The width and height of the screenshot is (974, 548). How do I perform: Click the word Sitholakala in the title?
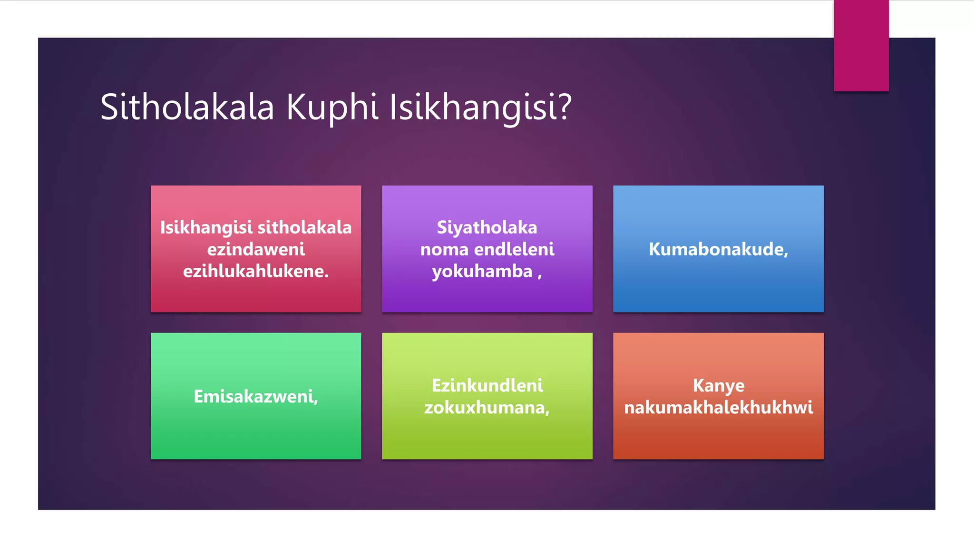pos(187,107)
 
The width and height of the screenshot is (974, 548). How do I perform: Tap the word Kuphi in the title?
pos(332,107)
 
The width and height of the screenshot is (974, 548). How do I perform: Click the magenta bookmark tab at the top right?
pos(861,45)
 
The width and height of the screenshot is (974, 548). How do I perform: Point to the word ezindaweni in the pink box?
pos(256,249)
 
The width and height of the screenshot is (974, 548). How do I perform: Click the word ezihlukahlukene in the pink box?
pos(254,271)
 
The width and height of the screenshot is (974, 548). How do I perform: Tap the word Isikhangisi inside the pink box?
pos(206,227)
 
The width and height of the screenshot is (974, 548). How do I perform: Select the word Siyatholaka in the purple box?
pos(487,227)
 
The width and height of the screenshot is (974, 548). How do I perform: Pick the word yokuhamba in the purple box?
pos(482,271)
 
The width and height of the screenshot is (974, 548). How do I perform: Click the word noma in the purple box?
pos(444,249)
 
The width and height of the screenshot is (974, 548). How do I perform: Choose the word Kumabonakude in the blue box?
pos(717,249)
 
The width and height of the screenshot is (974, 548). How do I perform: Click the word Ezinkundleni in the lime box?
pos(487,385)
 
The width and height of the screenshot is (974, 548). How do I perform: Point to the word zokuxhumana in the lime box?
pos(485,408)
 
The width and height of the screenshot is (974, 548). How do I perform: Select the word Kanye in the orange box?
pos(718,385)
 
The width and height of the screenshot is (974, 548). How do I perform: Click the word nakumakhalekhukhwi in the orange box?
pos(718,408)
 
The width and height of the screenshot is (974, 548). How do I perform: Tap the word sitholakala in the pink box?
pos(304,227)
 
